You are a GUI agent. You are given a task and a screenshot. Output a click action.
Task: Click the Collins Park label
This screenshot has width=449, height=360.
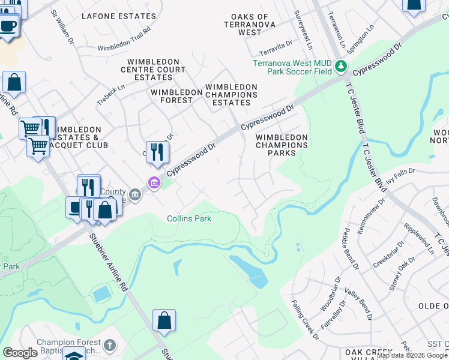189,219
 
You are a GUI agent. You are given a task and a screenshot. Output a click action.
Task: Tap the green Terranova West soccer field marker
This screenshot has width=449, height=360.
342,65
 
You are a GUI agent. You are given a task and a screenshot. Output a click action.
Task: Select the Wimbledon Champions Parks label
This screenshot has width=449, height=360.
282,145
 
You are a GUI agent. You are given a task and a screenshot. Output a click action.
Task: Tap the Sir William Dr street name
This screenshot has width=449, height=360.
63,22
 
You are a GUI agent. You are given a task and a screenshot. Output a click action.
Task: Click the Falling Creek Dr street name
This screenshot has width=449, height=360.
306,320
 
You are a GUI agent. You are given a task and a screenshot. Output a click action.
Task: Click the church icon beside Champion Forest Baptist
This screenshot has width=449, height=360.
109,345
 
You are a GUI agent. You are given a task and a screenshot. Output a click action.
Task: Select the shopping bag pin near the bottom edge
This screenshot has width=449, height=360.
164,322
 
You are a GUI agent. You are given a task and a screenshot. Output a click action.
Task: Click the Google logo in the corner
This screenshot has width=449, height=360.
20,353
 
